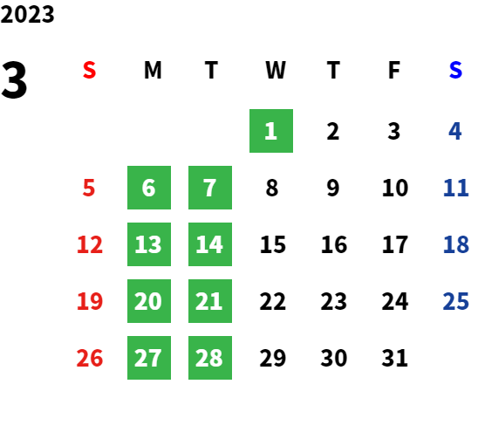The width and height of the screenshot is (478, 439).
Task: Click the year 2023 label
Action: (27, 14)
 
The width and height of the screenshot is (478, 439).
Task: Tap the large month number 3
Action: (14, 80)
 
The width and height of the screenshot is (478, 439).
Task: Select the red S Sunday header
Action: (89, 70)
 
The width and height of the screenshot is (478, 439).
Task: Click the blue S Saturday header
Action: (455, 70)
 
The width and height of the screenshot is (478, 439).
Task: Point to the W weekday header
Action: (276, 70)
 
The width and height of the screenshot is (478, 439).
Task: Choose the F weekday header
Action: (394, 70)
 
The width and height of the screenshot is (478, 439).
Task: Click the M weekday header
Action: (153, 70)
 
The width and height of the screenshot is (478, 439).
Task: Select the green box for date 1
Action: (271, 131)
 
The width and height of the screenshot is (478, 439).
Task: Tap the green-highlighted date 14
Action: (210, 244)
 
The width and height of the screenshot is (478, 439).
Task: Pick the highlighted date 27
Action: (149, 358)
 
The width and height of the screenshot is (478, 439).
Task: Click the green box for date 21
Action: (210, 301)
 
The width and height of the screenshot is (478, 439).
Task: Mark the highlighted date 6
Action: (149, 188)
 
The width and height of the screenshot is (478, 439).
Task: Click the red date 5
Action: (89, 188)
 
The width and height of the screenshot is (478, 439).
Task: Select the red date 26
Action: (90, 358)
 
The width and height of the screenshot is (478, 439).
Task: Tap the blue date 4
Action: (455, 131)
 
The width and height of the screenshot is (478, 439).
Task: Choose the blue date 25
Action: (455, 301)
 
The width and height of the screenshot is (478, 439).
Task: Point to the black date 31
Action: (395, 358)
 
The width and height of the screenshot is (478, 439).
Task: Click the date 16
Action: (334, 244)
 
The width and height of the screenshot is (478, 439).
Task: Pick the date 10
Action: (395, 188)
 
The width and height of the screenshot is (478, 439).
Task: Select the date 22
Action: (273, 301)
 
